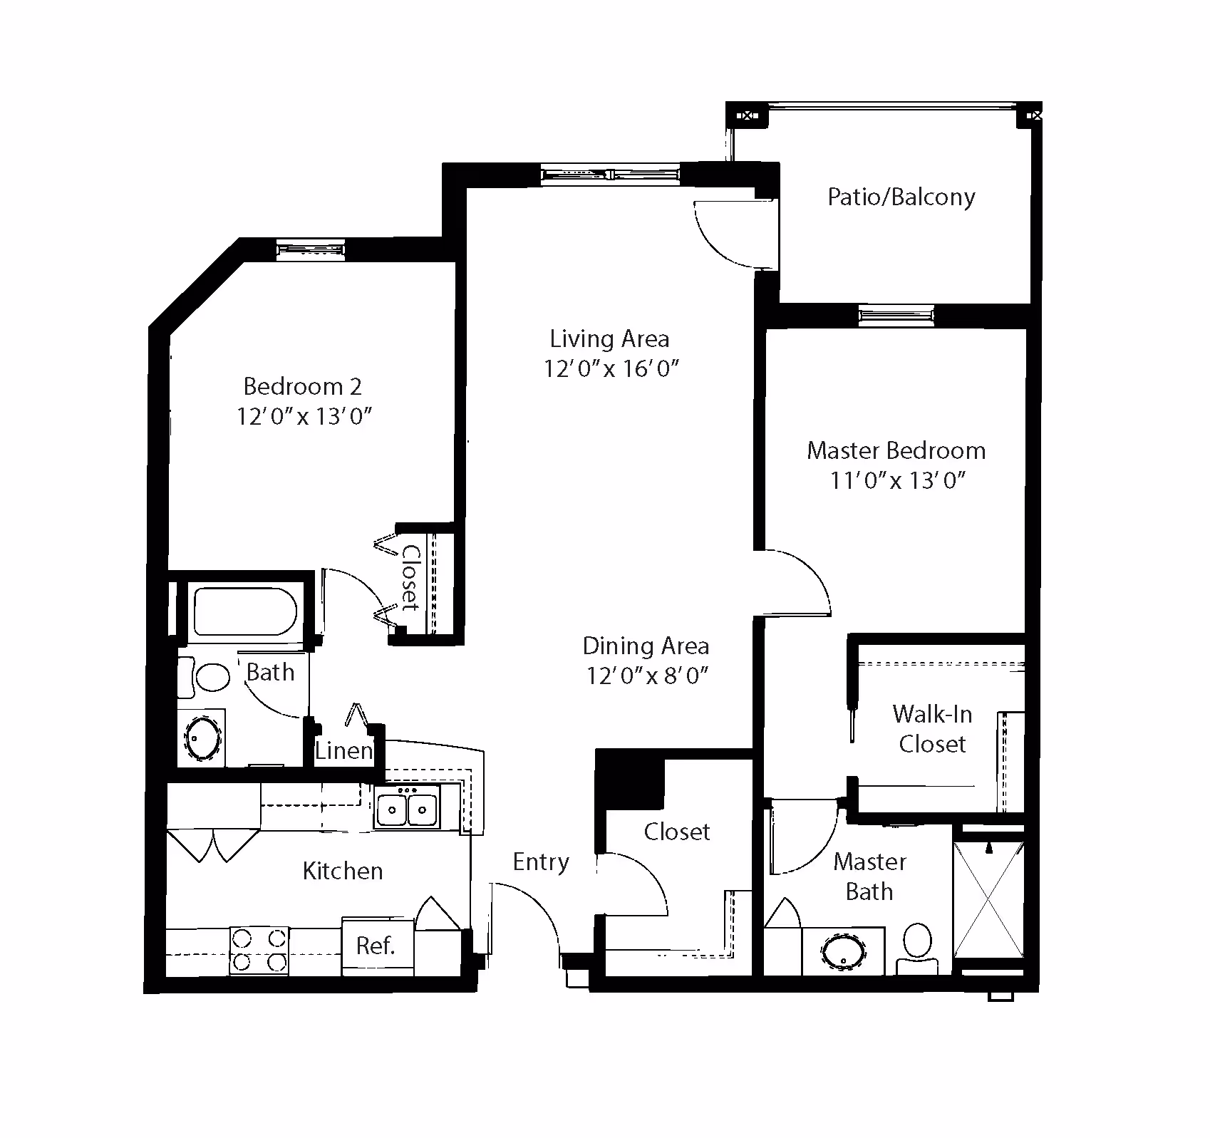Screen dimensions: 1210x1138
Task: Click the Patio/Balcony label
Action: (x=901, y=197)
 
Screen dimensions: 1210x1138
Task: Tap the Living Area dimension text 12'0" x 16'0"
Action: (x=611, y=368)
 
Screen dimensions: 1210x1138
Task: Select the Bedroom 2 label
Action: (x=303, y=386)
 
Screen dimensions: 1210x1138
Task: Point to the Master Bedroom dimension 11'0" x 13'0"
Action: (x=897, y=480)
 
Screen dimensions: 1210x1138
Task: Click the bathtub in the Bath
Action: (x=245, y=611)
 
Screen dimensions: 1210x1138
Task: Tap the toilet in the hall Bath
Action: (x=205, y=677)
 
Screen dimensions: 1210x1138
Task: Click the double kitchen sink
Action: (x=407, y=808)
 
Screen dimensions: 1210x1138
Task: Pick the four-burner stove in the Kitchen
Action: (x=259, y=951)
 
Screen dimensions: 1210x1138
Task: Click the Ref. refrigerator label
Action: (x=375, y=946)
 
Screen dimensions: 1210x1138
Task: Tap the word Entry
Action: (x=541, y=862)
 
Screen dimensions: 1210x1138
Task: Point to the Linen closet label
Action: (x=344, y=750)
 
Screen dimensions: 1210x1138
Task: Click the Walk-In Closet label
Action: (x=932, y=728)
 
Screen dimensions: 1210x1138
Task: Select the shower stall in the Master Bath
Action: (x=989, y=900)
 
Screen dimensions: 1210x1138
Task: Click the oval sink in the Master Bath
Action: (x=843, y=952)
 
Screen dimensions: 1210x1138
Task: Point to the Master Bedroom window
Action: (x=896, y=316)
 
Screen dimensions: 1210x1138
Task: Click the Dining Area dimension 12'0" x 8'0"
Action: (x=646, y=676)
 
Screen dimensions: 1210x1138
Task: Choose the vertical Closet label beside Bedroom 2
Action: (x=410, y=578)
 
